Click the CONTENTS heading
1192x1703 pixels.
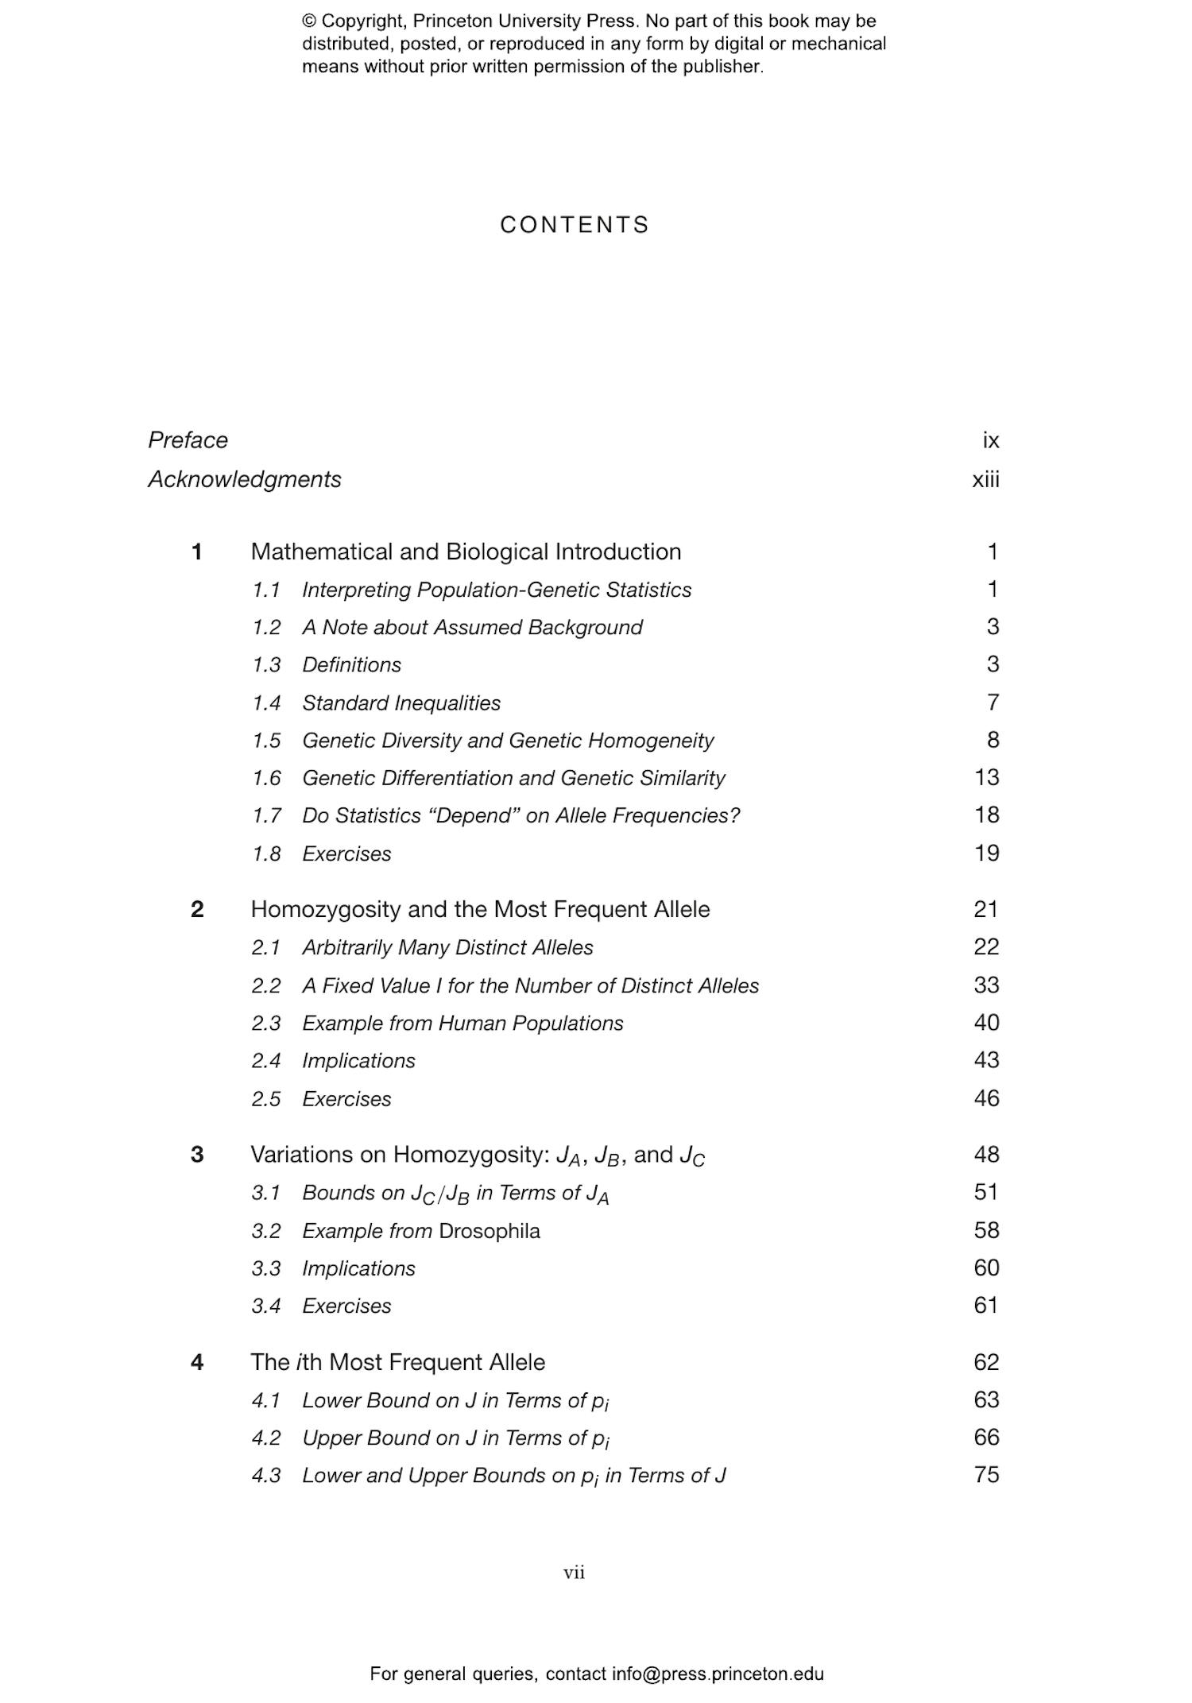(x=575, y=225)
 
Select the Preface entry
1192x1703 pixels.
(x=188, y=440)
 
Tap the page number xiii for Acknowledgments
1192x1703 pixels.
(x=985, y=480)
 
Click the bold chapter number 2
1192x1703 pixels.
(x=197, y=909)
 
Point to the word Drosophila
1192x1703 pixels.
(x=489, y=1231)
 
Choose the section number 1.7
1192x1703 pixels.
(x=266, y=816)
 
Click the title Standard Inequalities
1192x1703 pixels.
(x=401, y=703)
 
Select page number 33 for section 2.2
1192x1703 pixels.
(x=986, y=985)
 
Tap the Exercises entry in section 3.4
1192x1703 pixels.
(x=346, y=1306)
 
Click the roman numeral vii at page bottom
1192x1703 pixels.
(x=574, y=1573)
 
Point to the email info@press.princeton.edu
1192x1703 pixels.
(x=718, y=1674)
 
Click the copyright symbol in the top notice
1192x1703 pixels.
(x=309, y=21)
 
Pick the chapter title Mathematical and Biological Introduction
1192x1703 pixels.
(x=466, y=552)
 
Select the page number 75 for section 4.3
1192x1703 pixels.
(x=986, y=1475)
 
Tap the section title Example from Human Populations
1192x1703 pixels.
(x=462, y=1024)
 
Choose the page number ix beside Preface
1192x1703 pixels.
(x=990, y=440)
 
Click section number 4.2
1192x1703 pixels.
(x=266, y=1438)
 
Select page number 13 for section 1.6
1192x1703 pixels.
(x=986, y=777)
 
